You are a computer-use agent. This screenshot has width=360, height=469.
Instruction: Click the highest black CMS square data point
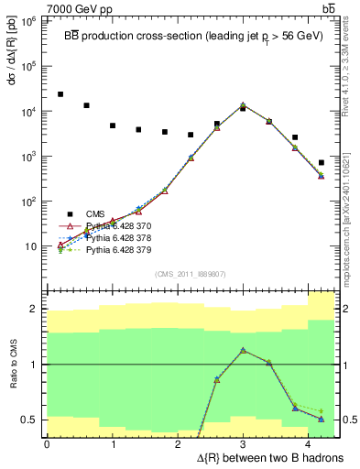60,94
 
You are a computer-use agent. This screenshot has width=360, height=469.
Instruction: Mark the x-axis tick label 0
47,443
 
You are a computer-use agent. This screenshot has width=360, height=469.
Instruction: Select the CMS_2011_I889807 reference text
190,273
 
